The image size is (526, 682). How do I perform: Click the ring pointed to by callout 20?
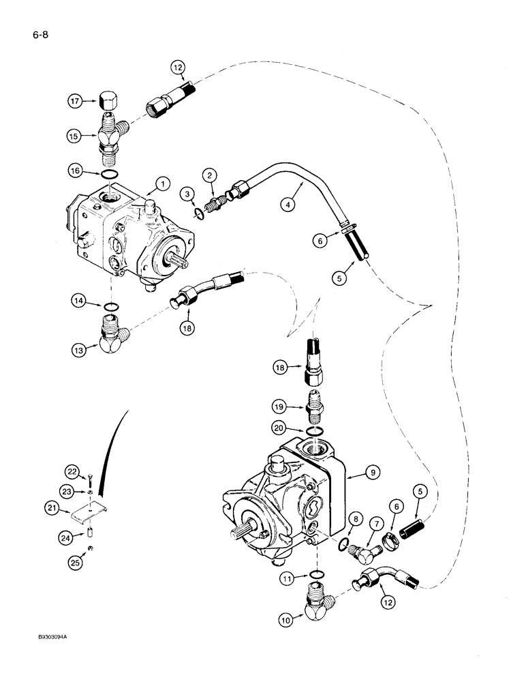click(314, 432)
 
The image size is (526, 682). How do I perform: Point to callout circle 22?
click(75, 471)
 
